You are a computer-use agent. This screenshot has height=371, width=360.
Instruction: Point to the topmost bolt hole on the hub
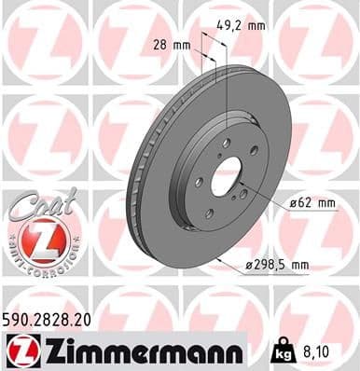[x=225, y=142]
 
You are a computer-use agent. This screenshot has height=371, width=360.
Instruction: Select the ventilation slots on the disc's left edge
[x=137, y=186]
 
